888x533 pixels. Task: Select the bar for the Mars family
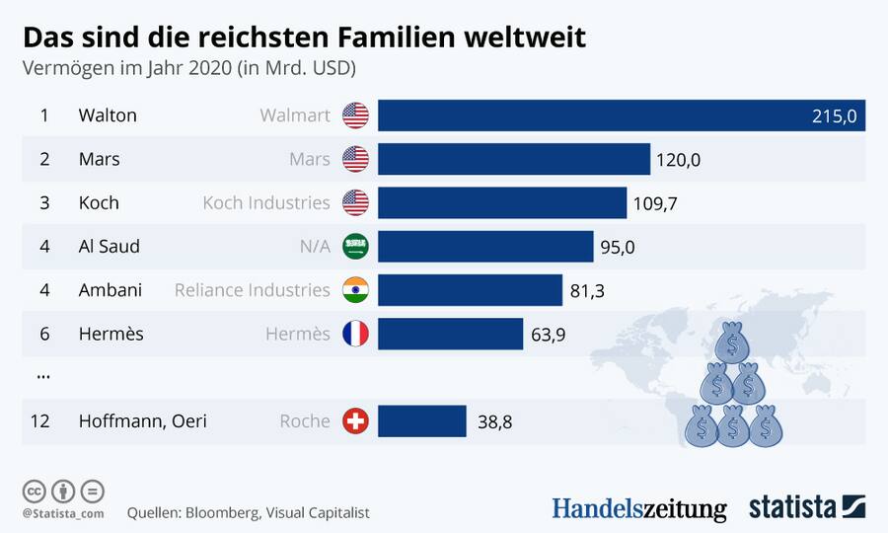[x=514, y=159]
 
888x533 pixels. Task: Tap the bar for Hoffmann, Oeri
[x=421, y=420]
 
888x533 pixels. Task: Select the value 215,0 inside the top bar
[x=834, y=116]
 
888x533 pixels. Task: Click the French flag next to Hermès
[x=355, y=334]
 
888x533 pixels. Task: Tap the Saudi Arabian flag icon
[x=355, y=247]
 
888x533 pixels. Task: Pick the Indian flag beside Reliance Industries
[x=355, y=290]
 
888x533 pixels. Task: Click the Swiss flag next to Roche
[x=355, y=421]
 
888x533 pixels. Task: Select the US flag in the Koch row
[x=355, y=202]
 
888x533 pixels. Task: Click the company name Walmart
[x=295, y=115]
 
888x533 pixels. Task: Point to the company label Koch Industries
[x=266, y=202]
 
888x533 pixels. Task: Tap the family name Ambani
[x=111, y=290]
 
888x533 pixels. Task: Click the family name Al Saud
[x=110, y=247]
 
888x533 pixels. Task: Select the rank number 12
[x=40, y=421]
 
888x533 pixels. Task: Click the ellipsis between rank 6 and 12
[x=42, y=376]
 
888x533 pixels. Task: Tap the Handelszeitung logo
[x=638, y=508]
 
